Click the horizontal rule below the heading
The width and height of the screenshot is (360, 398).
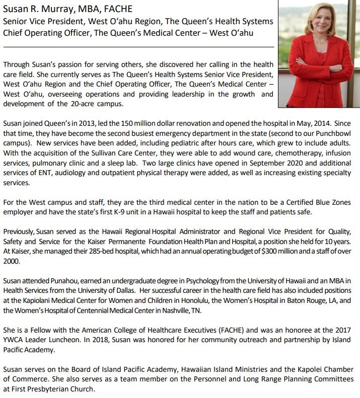pyautogui.click(x=138, y=46)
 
